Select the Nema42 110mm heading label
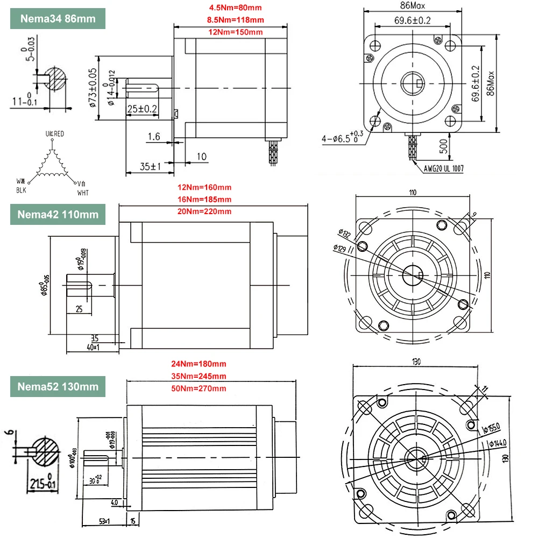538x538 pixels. (x=58, y=214)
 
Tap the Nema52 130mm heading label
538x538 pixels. (x=58, y=386)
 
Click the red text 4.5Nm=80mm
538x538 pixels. (x=236, y=8)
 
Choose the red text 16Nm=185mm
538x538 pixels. (x=204, y=200)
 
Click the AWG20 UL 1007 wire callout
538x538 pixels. (x=444, y=168)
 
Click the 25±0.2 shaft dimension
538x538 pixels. (x=142, y=109)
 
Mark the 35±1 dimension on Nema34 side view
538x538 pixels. (x=151, y=167)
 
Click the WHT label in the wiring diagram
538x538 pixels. (x=83, y=193)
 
